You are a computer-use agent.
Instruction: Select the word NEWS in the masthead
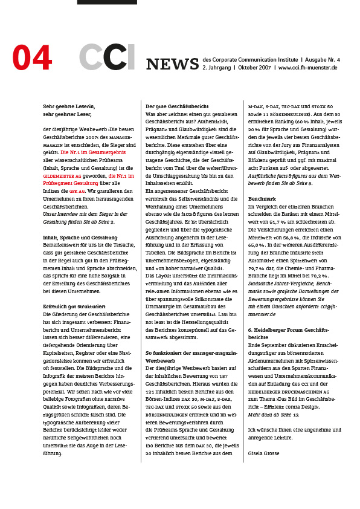click(x=172, y=64)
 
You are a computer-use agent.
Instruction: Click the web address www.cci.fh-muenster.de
click(x=307, y=68)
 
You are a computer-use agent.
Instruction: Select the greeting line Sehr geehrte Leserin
click(x=69, y=106)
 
